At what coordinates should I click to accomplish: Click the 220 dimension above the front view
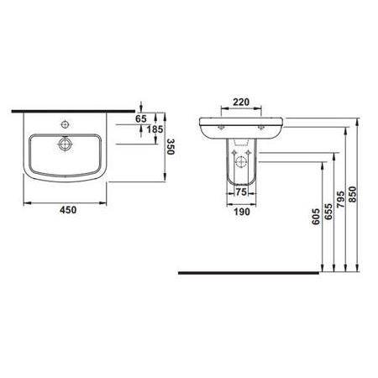241,102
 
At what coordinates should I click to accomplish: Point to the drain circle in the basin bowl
63,144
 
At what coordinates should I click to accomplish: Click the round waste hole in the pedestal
242,161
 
